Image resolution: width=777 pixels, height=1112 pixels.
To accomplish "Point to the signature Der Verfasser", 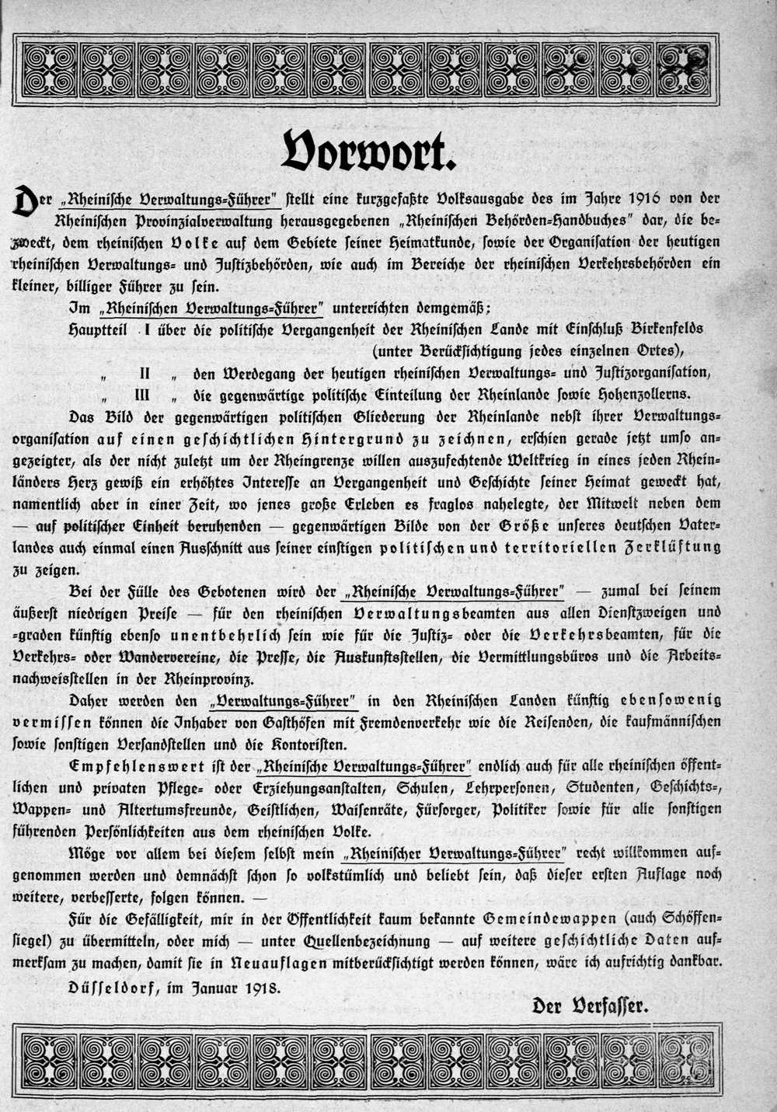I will click(590, 1006).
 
